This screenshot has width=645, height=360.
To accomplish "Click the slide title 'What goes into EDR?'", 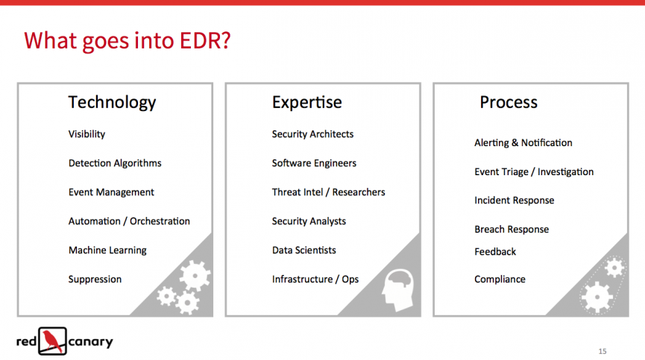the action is click(127, 41).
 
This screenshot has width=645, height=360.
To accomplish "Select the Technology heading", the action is click(112, 102).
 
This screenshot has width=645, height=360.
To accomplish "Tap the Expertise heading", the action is click(307, 102).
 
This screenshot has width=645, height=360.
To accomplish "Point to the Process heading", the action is click(509, 102).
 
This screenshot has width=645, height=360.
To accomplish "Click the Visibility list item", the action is click(86, 134).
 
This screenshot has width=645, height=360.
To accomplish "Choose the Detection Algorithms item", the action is click(115, 163).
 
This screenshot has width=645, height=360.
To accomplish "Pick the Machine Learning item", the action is click(107, 250).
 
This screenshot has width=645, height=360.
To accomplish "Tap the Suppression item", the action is click(95, 280).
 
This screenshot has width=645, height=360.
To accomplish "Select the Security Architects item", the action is click(312, 134).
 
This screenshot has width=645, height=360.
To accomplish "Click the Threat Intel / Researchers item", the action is click(328, 192).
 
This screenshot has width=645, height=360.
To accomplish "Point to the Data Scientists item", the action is click(304, 250).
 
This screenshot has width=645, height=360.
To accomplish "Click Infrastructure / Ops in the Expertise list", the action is click(315, 280).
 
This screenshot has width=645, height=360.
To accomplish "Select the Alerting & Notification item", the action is click(523, 142).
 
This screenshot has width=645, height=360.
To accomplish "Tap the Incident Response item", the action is click(515, 200).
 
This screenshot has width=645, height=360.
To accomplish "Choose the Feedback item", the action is click(495, 251).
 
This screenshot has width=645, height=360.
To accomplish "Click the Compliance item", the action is click(500, 280).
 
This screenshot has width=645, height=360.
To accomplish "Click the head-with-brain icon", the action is click(397, 290).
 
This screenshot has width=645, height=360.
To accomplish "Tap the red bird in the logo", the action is click(51, 341).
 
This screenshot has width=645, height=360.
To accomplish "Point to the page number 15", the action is click(602, 351).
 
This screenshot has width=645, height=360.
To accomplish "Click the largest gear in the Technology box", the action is click(195, 275).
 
